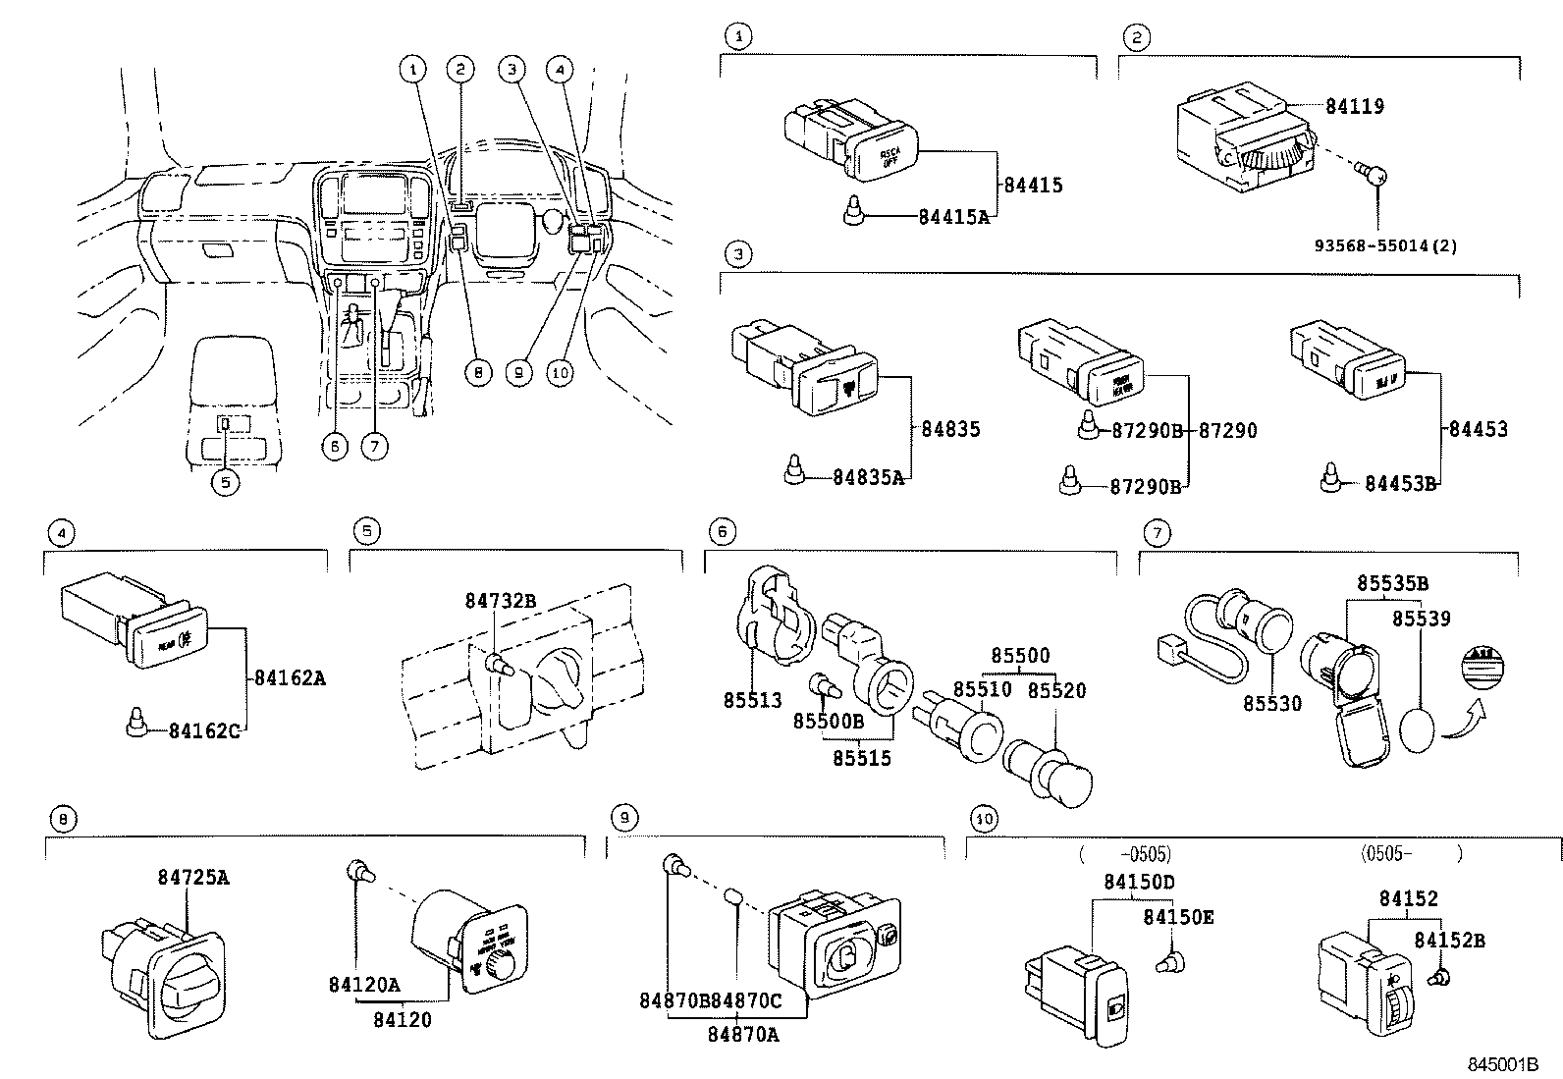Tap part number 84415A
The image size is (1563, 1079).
[953, 217]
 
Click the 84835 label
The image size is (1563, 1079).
[950, 429]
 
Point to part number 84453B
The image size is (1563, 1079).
[1400, 484]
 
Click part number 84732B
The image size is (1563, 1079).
[501, 601]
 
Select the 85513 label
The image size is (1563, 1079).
[752, 701]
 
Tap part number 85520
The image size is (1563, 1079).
[1056, 690]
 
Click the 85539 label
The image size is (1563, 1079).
[1421, 619]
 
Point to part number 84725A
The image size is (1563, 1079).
[192, 877]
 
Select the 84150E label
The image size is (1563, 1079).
[1178, 917]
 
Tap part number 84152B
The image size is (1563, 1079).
[1449, 941]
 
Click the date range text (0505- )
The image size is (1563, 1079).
[1412, 853]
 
